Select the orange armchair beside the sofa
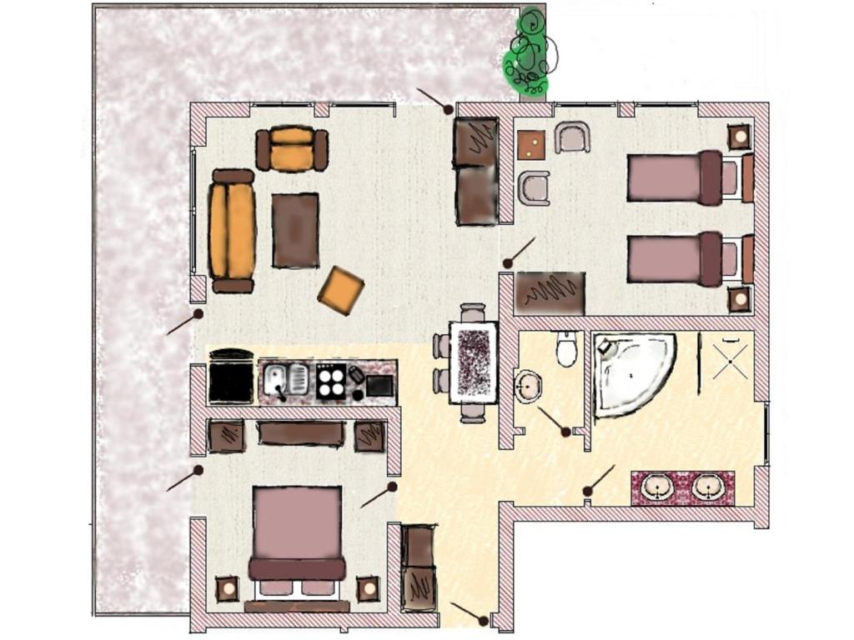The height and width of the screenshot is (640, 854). click(x=292, y=149)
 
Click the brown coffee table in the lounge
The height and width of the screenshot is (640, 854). click(x=295, y=230)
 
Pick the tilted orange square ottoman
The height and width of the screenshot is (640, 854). click(x=340, y=290)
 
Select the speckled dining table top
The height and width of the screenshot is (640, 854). click(x=473, y=362)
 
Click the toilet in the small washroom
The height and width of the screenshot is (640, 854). click(x=566, y=348)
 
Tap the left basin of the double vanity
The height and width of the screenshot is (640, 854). click(x=659, y=487)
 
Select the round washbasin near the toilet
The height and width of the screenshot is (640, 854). click(x=529, y=386)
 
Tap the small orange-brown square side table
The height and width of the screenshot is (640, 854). click(x=530, y=144)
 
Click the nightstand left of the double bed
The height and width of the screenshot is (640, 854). click(x=227, y=589)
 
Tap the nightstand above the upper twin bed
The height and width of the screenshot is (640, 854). click(x=739, y=136)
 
